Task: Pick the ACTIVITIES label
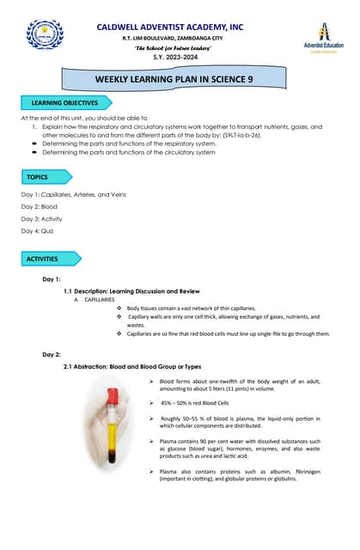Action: [x=47, y=258]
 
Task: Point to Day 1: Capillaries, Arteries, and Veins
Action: [x=73, y=194]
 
